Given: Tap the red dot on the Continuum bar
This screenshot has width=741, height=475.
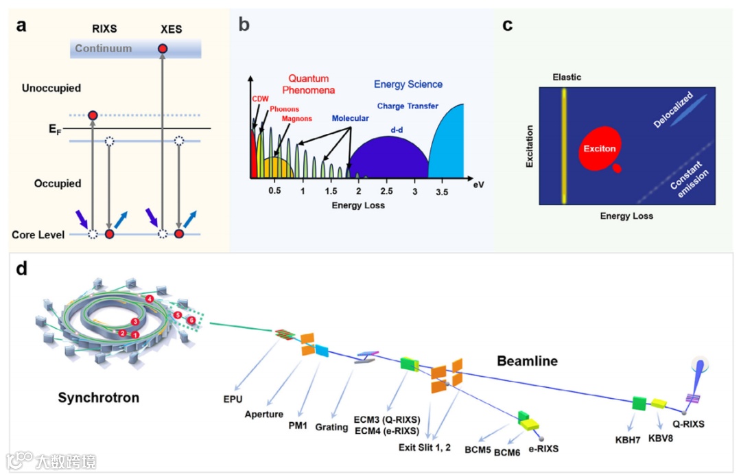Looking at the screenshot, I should (x=163, y=49).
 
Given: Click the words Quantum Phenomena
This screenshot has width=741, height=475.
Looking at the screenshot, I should (x=308, y=84).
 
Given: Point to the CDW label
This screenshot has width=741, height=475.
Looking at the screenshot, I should (x=259, y=99).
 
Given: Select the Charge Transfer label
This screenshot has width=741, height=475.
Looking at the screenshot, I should (x=408, y=106).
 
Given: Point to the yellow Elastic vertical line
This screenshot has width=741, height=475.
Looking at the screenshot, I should (x=564, y=144).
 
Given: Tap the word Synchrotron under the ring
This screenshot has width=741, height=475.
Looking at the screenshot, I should (x=98, y=397).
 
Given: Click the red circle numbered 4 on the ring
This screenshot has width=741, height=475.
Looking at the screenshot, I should (x=149, y=299).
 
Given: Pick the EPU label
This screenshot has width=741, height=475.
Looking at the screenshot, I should (x=233, y=398).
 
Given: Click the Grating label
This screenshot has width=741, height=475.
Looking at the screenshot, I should (x=331, y=427).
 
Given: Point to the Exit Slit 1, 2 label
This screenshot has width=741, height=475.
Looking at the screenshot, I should (x=425, y=448).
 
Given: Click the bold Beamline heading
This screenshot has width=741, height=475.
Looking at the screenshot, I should (x=527, y=360).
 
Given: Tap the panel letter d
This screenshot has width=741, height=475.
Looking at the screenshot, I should (x=22, y=268).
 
